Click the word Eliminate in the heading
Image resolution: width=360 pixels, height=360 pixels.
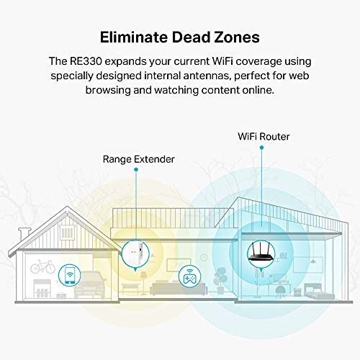134,37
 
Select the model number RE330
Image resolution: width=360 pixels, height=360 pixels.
86,61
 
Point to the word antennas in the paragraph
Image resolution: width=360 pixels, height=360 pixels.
207,76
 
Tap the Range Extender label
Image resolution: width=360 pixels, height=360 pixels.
138,159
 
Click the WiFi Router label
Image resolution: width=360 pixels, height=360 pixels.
264,137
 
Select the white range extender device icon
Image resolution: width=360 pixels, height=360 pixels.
135,254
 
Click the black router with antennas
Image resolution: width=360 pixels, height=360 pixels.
261,252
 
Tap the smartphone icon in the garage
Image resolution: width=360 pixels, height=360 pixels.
70,275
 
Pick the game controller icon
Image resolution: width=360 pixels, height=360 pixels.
189,276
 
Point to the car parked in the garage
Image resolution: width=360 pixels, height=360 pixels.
90,285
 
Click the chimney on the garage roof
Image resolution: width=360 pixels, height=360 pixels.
24,233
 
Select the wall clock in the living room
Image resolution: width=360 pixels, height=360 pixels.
204,258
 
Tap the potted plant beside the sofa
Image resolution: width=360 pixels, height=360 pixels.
220,280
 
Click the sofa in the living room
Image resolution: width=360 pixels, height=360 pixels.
179,289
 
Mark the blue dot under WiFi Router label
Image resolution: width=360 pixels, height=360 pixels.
261,148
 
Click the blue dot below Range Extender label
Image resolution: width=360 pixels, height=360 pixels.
136,169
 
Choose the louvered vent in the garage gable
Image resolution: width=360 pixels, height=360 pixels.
68,232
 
